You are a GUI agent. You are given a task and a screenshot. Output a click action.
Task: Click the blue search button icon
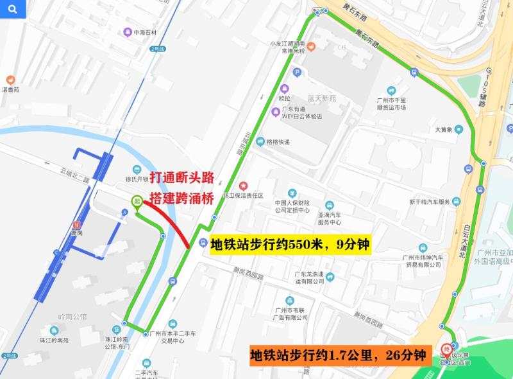(x=13, y=9)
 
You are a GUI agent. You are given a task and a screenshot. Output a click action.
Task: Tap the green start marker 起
(x=137, y=202)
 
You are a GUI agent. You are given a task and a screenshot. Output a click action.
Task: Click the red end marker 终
(x=446, y=351)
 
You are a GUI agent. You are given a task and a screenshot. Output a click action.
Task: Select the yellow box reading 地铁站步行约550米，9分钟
(x=290, y=244)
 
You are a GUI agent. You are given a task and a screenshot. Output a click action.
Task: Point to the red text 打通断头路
(x=181, y=178)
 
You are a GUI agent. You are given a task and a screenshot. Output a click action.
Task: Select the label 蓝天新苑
(x=322, y=98)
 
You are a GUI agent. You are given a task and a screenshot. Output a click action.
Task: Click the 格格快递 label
(x=278, y=141)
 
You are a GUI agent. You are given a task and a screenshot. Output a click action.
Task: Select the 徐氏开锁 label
(x=137, y=178)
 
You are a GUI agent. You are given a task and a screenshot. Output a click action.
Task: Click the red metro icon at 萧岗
(x=77, y=225)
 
